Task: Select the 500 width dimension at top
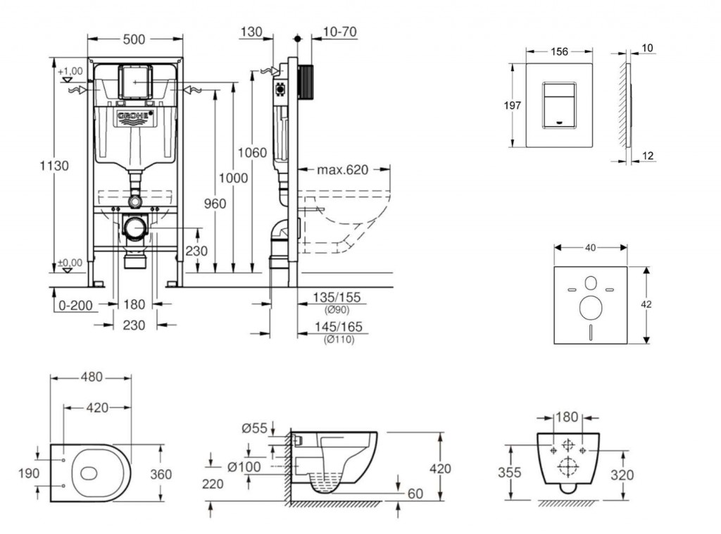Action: [134, 39]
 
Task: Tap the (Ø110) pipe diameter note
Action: [338, 340]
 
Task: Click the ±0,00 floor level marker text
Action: [70, 262]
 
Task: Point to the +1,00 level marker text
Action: [70, 71]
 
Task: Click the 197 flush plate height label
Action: [513, 106]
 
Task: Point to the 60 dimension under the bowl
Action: [415, 494]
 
